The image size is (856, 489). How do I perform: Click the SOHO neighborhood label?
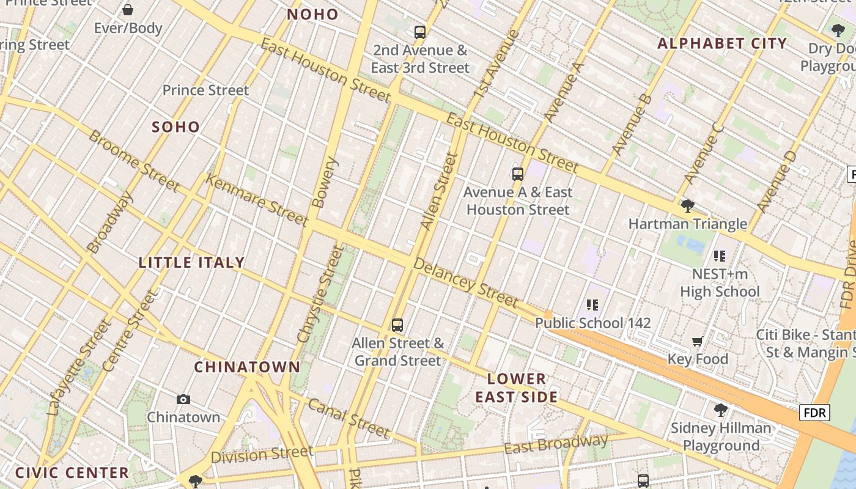click(x=176, y=127)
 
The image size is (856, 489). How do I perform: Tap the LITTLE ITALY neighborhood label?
click(x=191, y=263)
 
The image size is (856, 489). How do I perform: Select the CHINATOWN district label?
click(x=247, y=367)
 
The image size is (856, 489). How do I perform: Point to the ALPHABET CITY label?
click(x=722, y=43)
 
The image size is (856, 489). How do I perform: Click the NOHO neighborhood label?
click(x=312, y=15)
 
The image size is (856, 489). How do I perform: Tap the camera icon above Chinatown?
click(x=183, y=400)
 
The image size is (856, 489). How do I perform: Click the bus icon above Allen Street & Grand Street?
click(x=397, y=325)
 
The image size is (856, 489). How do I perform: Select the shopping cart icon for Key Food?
click(x=698, y=341)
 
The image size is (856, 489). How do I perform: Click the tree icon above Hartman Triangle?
click(x=688, y=206)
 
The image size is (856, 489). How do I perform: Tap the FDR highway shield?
click(x=814, y=413)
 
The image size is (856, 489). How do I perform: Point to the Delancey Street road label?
click(x=466, y=282)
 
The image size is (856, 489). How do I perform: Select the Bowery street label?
click(x=325, y=182)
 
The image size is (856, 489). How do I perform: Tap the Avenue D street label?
click(x=777, y=182)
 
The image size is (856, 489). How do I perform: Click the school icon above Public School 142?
click(x=592, y=304)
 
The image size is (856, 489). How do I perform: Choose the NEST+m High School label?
click(x=720, y=283)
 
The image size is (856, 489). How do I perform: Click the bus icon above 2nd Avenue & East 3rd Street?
click(x=420, y=32)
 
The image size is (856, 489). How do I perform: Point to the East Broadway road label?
click(x=556, y=444)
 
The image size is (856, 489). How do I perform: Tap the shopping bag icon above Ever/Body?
click(x=128, y=10)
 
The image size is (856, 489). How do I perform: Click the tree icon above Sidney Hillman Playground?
click(x=721, y=410)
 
